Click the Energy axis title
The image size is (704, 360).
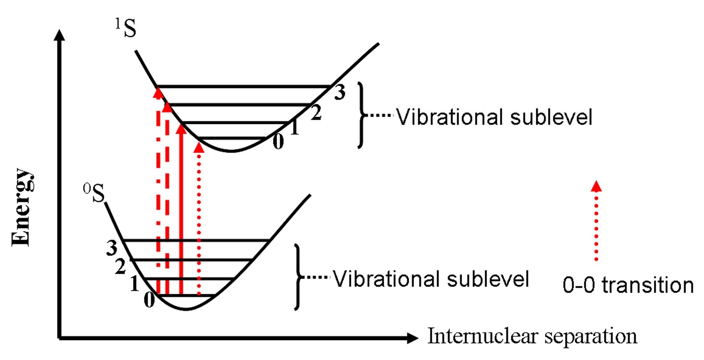(x=23, y=207)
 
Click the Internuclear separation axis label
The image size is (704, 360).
(x=532, y=336)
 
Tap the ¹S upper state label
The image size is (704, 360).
(x=125, y=29)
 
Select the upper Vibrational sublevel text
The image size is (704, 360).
(x=494, y=117)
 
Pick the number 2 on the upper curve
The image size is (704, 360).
(x=315, y=114)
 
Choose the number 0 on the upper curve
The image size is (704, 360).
(x=278, y=142)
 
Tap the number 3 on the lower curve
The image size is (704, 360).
(x=111, y=247)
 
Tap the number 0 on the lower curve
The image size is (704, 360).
(x=149, y=302)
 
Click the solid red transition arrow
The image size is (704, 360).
(x=181, y=209)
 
